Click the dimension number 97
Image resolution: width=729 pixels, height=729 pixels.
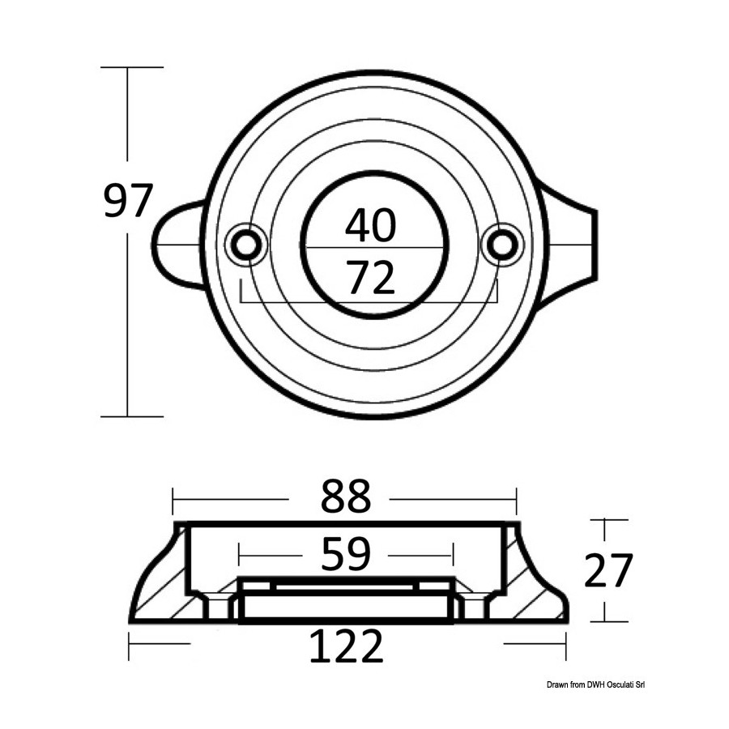click(x=128, y=202)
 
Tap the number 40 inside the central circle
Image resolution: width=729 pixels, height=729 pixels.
click(x=370, y=225)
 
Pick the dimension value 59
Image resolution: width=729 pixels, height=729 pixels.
click(x=346, y=554)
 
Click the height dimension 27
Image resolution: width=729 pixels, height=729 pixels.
click(x=608, y=570)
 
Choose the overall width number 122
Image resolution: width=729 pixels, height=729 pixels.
click(x=347, y=646)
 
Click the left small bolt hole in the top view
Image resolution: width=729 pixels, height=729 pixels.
click(x=246, y=245)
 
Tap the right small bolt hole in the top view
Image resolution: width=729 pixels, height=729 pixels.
click(x=502, y=244)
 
